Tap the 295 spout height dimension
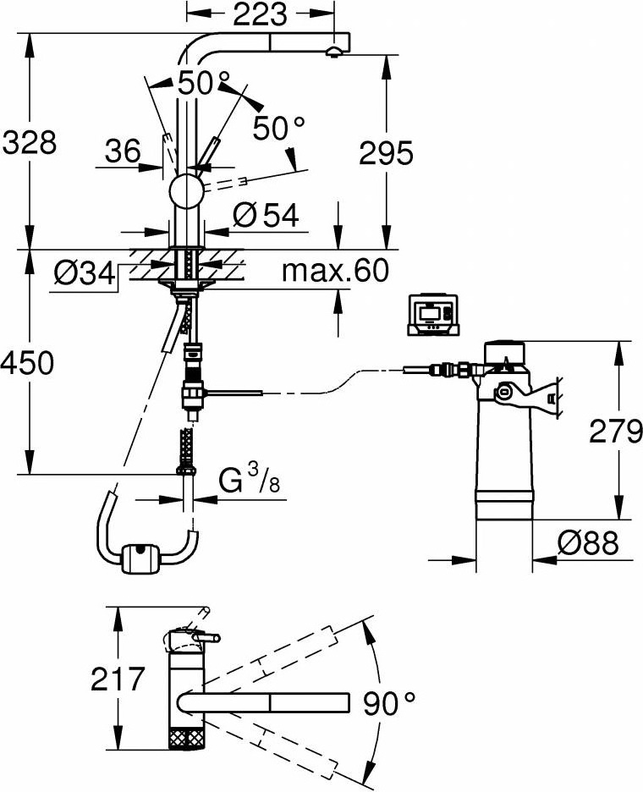coord(386,153)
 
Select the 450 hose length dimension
coord(28,363)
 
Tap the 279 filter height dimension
coord(615,432)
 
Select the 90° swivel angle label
coord(390,701)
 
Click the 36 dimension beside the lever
coord(123,151)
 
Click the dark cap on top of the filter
coord(506,350)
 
